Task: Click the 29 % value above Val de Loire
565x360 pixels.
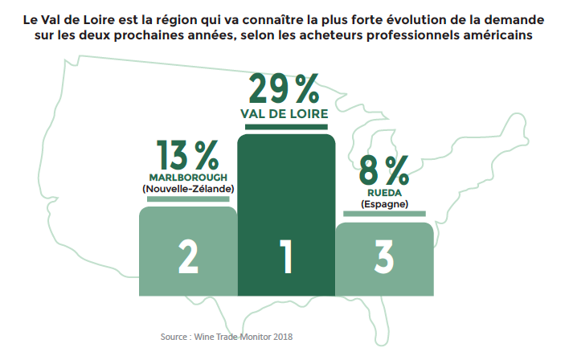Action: coord(285,89)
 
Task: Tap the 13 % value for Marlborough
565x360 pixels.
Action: coord(187,154)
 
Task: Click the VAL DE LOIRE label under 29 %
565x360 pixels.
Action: coord(285,114)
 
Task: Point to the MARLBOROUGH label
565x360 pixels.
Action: coord(188,176)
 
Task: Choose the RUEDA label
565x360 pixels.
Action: coord(384,192)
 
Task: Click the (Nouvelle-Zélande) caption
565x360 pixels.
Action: coord(188,188)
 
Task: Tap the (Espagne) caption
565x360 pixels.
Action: coord(384,204)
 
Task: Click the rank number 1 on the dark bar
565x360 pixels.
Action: coord(285,256)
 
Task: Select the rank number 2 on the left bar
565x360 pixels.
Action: coord(188,256)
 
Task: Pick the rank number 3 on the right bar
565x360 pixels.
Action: coord(383,256)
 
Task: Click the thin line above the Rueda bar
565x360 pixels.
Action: coord(384,214)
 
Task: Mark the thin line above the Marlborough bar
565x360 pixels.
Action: coord(188,198)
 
